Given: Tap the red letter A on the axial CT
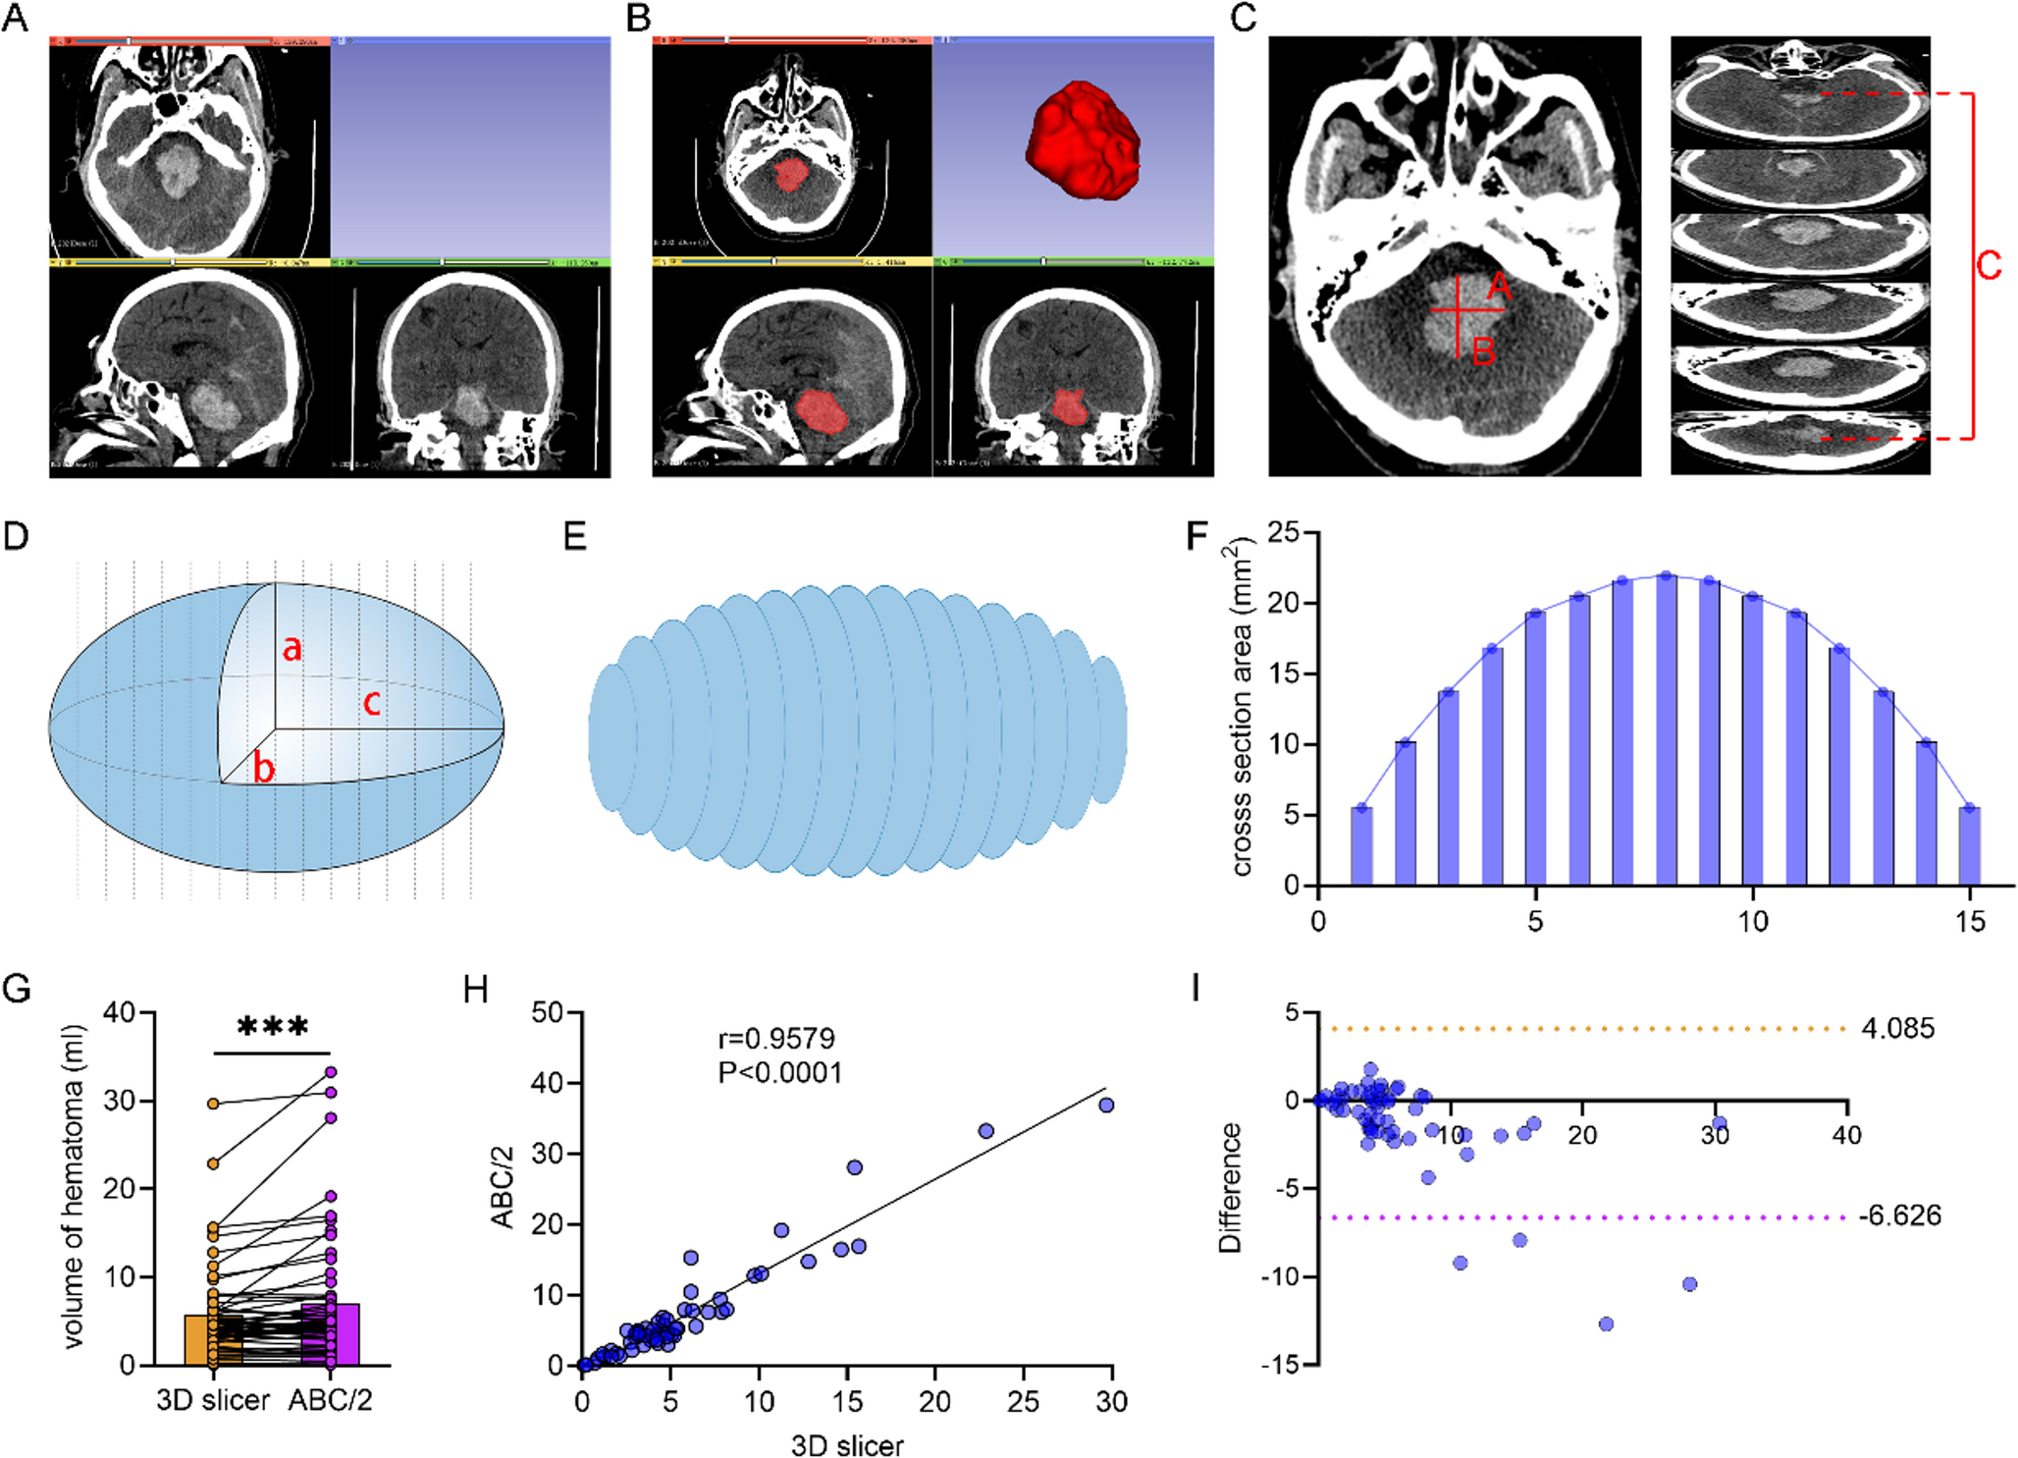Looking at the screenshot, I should click(1499, 287).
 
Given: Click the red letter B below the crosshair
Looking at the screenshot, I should click(1483, 351).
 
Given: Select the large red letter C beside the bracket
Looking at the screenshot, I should click(1989, 265).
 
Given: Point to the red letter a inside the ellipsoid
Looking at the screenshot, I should click(292, 648).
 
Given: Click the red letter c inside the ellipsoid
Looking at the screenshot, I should click(372, 702).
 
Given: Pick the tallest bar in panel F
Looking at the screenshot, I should click(1666, 730).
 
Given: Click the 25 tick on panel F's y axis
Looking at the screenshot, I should click(1283, 533).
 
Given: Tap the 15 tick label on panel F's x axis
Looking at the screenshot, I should click(1969, 922).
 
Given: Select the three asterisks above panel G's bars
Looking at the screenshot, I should click(273, 1028).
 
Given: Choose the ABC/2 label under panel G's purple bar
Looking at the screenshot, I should click(331, 1400).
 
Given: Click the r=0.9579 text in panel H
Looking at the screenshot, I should click(776, 1039).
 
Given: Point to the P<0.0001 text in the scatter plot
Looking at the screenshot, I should click(780, 1072).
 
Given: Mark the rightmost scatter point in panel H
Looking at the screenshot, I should click(1106, 1105).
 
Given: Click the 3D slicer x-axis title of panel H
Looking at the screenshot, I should click(847, 1445).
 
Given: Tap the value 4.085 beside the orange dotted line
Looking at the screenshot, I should click(1898, 1029).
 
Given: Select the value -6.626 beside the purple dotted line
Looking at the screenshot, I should click(1900, 1215).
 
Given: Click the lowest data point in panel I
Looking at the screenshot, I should click(1607, 1323).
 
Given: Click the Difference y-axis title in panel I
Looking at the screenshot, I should click(1229, 1188).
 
